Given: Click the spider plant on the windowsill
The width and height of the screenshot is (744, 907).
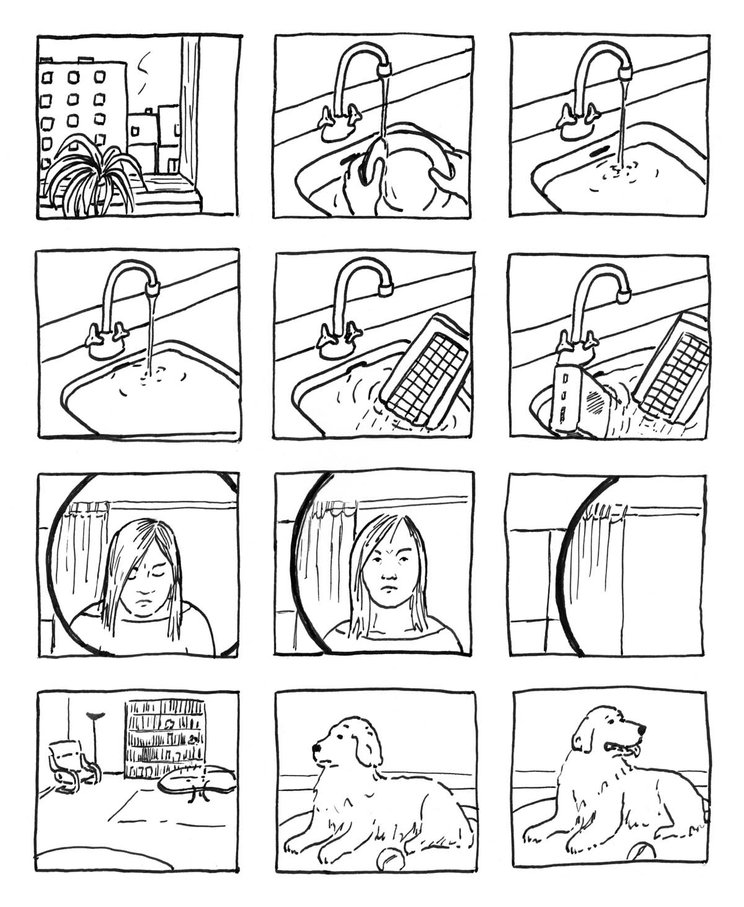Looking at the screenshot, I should click(93, 177).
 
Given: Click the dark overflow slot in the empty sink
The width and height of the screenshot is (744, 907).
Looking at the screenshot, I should click(600, 150).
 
